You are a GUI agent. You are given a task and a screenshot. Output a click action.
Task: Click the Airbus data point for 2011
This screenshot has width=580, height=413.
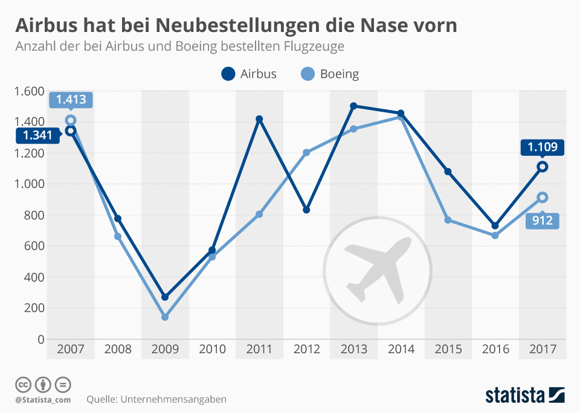[259, 120]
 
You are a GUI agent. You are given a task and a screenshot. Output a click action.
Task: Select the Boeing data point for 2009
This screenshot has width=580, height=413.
[165, 317]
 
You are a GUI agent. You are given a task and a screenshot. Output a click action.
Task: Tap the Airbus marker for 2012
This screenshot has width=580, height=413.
[306, 210]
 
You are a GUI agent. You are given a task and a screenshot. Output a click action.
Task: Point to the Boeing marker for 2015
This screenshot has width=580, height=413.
[448, 220]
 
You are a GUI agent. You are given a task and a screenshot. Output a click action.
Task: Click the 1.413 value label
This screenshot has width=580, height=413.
[71, 100]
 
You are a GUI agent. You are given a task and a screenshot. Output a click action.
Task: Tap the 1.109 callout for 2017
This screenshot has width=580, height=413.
[543, 147]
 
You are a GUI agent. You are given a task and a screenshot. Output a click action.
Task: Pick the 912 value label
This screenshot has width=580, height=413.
[543, 221]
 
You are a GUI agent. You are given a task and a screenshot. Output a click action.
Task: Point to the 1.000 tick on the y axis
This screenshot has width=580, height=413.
[29, 184]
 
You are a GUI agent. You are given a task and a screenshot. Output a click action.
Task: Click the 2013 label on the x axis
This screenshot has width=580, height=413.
[353, 349]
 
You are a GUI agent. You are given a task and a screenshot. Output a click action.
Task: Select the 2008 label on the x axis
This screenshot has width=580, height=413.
[118, 349]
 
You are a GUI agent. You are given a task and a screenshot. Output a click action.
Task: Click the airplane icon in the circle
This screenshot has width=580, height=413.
[378, 268]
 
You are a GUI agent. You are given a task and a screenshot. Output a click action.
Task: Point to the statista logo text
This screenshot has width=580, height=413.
[515, 395]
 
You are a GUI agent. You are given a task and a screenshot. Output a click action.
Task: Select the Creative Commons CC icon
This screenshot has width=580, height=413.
[24, 384]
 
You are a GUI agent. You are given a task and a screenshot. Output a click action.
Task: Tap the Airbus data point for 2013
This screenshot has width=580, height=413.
[353, 106]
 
